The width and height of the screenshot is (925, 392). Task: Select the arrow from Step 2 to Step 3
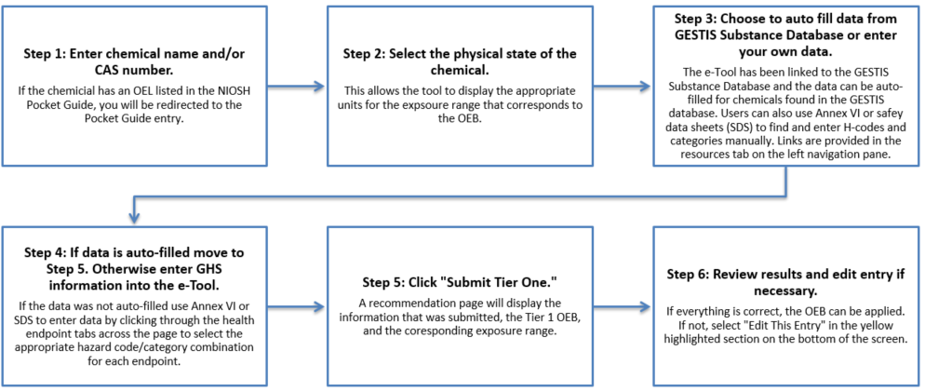623,87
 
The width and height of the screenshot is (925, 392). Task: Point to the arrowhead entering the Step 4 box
135,218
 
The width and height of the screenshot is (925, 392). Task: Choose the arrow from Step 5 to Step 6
623,306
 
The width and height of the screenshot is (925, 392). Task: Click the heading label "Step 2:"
361,54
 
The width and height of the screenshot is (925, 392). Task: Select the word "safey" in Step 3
873,114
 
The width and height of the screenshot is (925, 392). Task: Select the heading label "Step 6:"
685,275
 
